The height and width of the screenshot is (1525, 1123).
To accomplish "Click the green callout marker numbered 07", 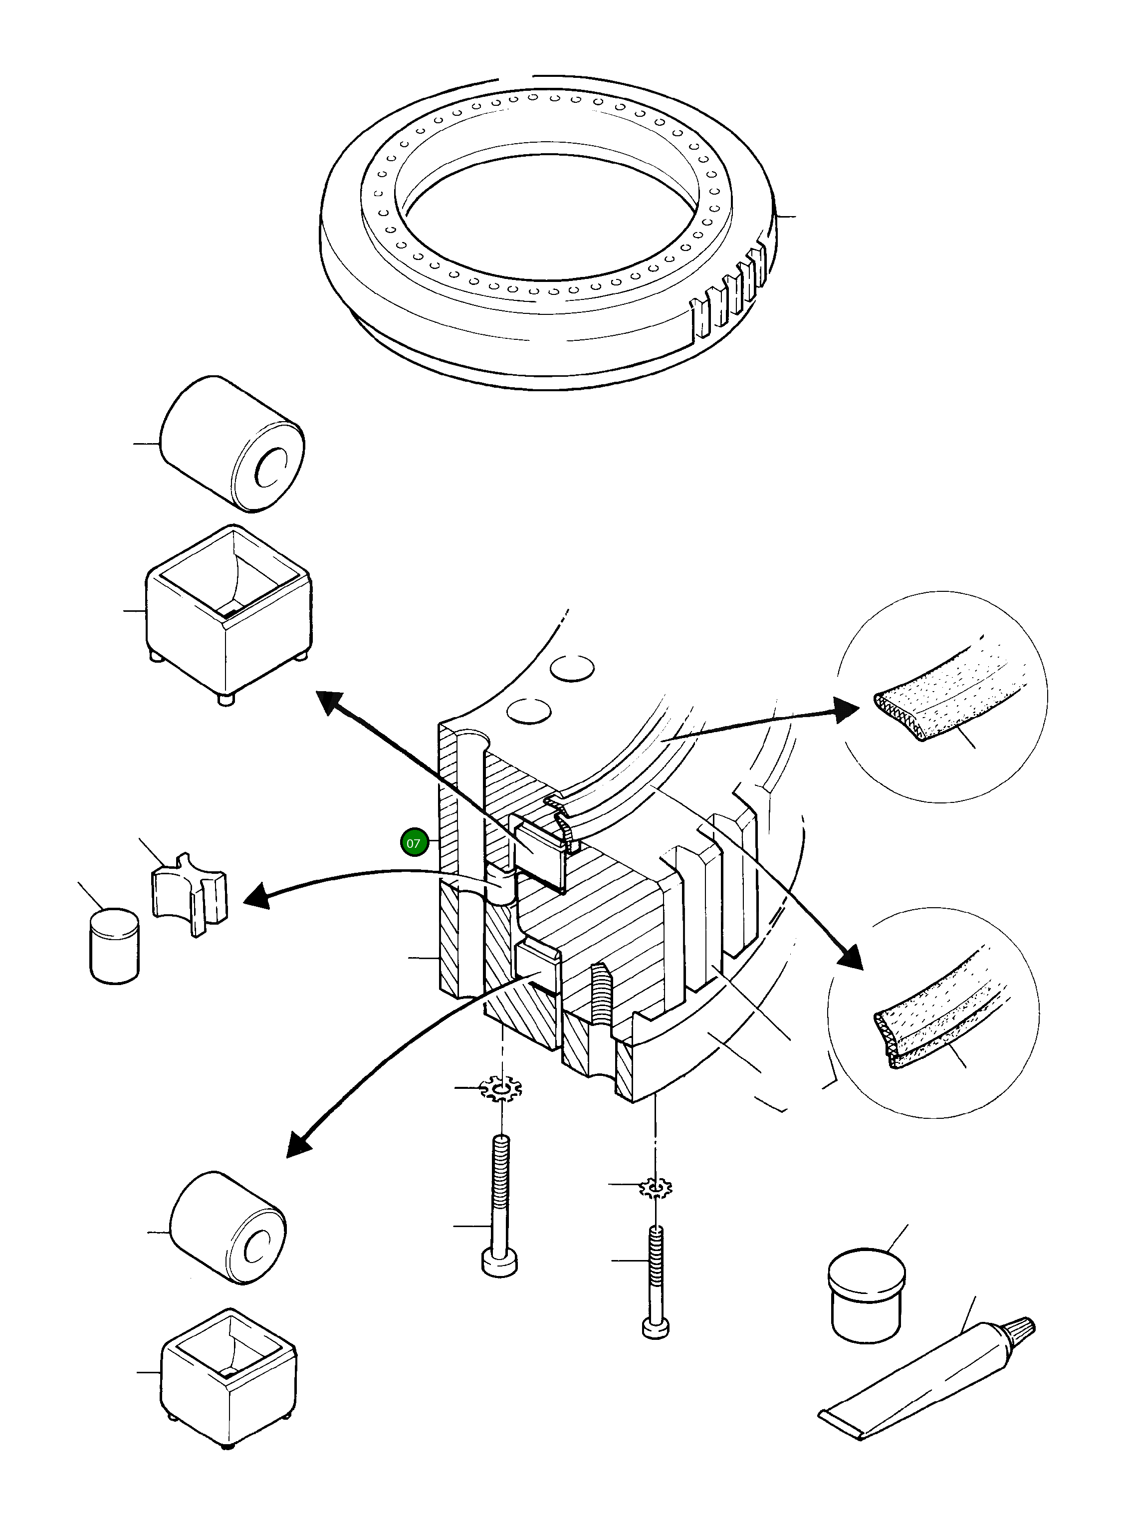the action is [414, 843].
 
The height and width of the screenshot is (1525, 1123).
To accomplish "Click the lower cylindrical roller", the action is [227, 1227].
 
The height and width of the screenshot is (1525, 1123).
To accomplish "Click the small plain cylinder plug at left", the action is [114, 946].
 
